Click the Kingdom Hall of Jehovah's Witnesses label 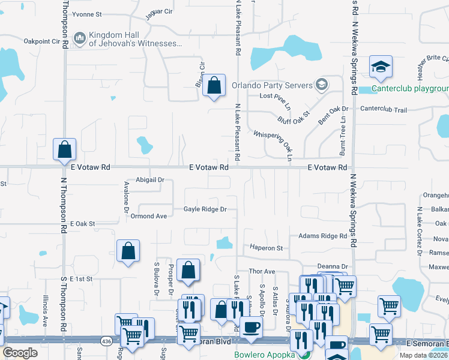(x=135, y=39)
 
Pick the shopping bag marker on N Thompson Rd (x=65, y=149)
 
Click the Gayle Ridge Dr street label (x=205, y=209)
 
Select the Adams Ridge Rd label (x=323, y=236)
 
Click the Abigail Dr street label (x=150, y=179)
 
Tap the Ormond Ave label (x=149, y=216)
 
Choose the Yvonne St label (x=87, y=13)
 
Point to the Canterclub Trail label (x=384, y=110)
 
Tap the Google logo (x=20, y=352)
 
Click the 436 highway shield (x=106, y=341)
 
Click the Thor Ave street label (x=262, y=272)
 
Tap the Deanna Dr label (x=333, y=266)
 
